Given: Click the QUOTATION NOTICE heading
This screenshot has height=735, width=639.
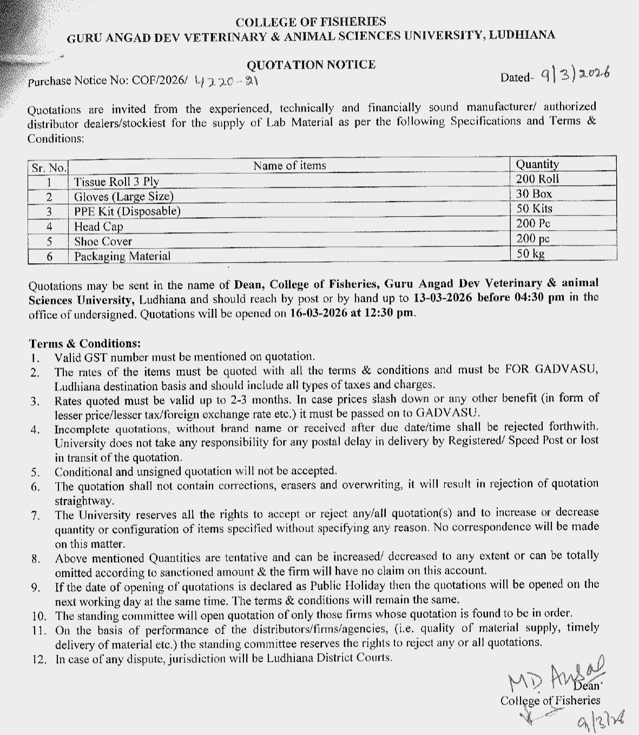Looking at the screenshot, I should click(311, 64).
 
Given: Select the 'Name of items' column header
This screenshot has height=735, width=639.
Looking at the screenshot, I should click(289, 166).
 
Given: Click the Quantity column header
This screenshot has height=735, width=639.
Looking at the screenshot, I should click(537, 164).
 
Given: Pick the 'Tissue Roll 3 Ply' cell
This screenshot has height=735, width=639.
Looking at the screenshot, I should click(116, 181).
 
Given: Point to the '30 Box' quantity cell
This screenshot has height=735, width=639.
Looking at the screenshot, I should click(534, 194).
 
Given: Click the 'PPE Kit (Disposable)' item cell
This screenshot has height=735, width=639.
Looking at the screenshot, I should click(127, 211).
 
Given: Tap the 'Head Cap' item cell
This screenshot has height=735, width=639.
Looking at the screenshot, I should click(98, 226).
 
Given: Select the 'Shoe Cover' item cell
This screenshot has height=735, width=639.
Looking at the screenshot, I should click(103, 242).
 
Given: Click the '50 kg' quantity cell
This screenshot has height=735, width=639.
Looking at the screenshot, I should click(530, 253).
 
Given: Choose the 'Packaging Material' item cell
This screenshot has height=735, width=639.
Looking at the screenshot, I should click(122, 256).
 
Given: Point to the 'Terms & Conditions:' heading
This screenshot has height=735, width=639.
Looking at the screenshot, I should click(85, 343).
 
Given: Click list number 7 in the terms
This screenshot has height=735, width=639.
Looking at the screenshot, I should click(35, 515).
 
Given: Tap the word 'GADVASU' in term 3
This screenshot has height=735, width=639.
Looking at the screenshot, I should click(449, 412).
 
